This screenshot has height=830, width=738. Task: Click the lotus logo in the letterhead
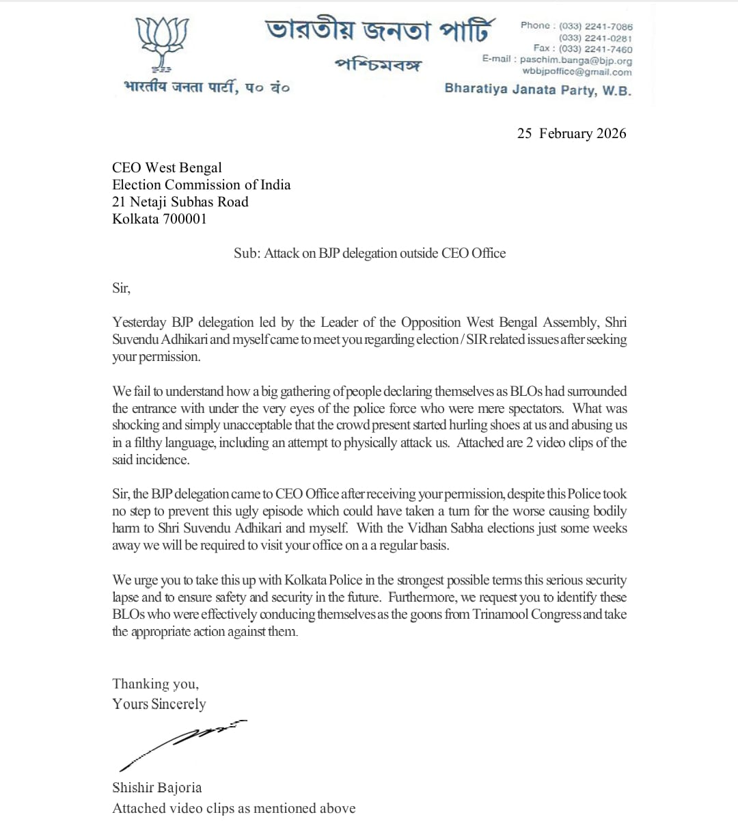tap(162, 44)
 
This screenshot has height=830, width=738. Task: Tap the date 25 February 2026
tap(571, 133)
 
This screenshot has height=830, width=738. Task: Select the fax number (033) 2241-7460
tap(595, 49)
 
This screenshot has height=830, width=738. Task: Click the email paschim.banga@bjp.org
tap(575, 60)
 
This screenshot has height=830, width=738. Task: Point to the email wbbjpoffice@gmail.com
tap(577, 72)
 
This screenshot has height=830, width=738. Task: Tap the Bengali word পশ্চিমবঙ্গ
tap(378, 65)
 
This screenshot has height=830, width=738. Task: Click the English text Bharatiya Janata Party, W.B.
tap(537, 90)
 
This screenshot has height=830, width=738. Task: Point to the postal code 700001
tap(184, 219)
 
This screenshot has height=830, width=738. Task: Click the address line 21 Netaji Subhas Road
tap(180, 202)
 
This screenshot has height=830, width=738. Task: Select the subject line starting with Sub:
tap(370, 253)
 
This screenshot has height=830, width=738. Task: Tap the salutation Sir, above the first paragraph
tap(121, 288)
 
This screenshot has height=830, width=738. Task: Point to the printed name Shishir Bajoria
tap(157, 788)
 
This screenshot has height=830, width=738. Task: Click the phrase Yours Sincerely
tap(159, 704)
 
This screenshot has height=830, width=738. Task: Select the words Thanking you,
tap(155, 684)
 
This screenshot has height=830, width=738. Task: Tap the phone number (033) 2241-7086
tap(595, 26)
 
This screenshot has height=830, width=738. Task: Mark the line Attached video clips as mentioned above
tap(234, 808)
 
